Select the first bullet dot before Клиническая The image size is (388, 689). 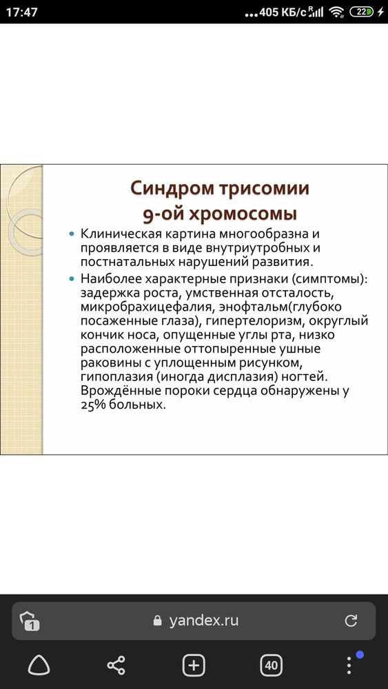[72, 235]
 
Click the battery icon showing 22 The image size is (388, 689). [362, 12]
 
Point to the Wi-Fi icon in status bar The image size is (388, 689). [336, 12]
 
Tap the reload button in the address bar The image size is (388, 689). [351, 620]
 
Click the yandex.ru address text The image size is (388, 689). [204, 620]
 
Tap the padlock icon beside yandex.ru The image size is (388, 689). [159, 620]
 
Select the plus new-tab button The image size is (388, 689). [194, 665]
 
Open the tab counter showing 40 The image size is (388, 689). [271, 665]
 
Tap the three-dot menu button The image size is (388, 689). [349, 665]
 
